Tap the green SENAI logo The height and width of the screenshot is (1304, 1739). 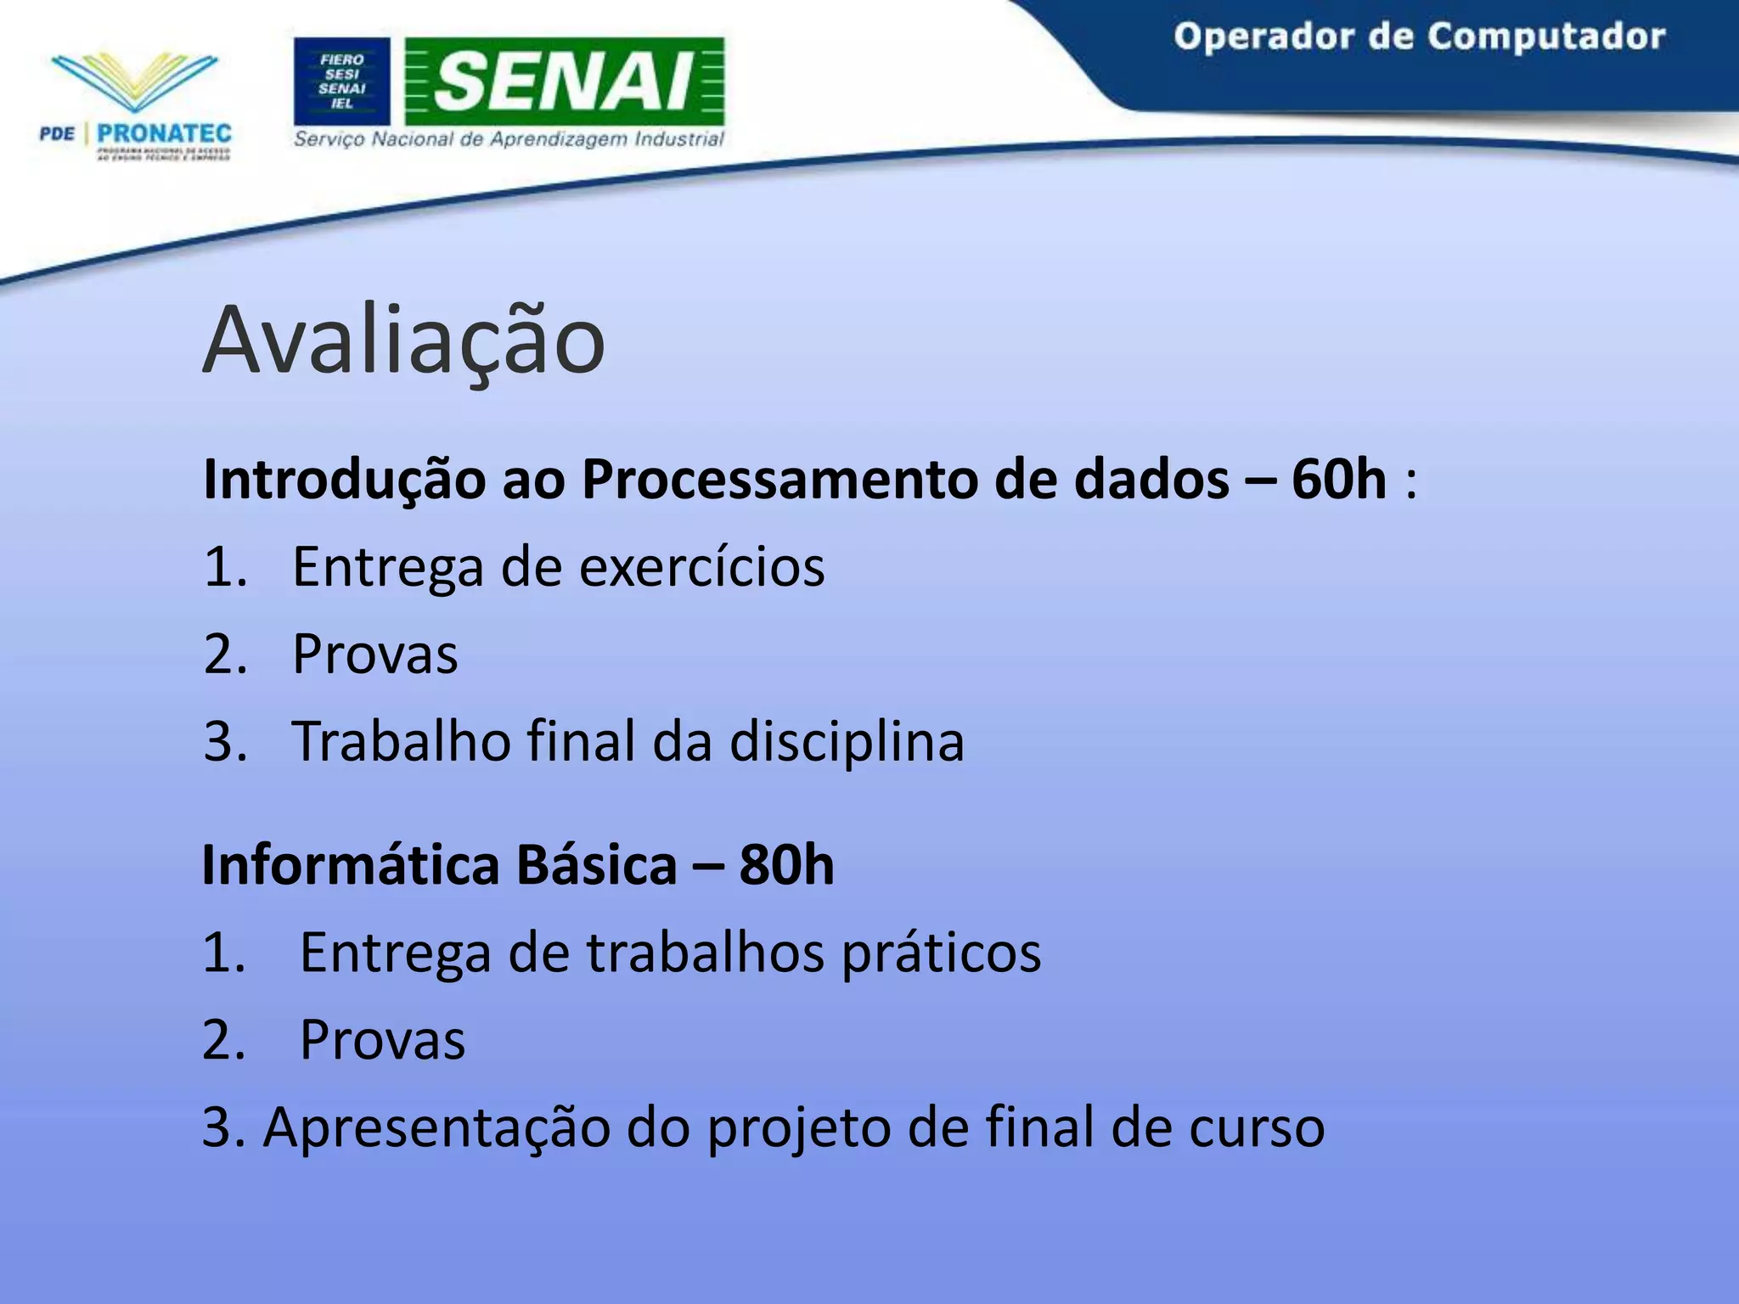pyautogui.click(x=565, y=81)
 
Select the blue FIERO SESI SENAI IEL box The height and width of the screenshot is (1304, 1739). pyautogui.click(x=341, y=81)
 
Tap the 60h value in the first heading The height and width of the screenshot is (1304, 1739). pyautogui.click(x=1338, y=480)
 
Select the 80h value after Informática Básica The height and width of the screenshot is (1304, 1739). pyautogui.click(x=786, y=865)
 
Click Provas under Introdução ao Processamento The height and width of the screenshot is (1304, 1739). pyautogui.click(x=374, y=655)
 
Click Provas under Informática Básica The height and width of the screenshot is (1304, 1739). pyautogui.click(x=382, y=1040)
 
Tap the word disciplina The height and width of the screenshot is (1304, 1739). pyautogui.click(x=847, y=742)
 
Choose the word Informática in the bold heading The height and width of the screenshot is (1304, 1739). pyautogui.click(x=351, y=865)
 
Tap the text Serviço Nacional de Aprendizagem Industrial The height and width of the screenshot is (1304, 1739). pyautogui.click(x=509, y=139)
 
